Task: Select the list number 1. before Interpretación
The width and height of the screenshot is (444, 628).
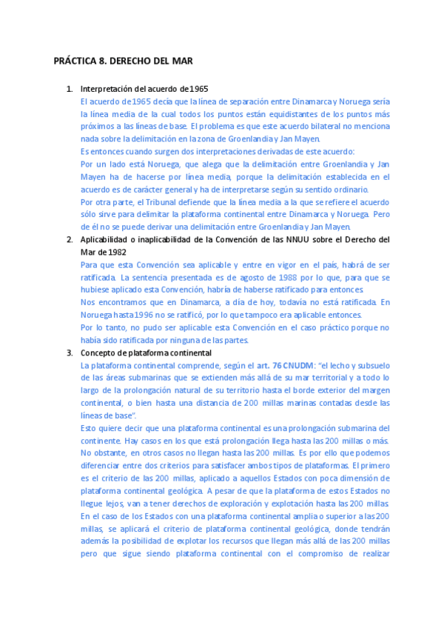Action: pyautogui.click(x=70, y=89)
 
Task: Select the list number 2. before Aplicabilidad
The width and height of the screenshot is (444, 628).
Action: pyautogui.click(x=70, y=240)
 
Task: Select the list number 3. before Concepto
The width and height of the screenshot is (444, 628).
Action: pyautogui.click(x=70, y=353)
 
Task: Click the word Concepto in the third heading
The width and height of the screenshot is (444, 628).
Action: pyautogui.click(x=100, y=353)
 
